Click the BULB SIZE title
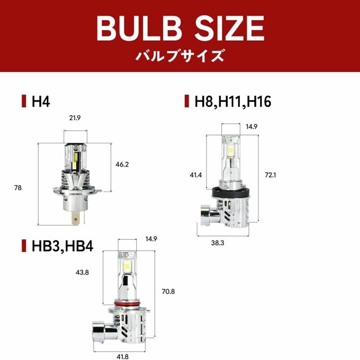(x=180, y=28)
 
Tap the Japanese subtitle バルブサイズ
(x=180, y=56)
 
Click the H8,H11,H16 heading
(x=233, y=102)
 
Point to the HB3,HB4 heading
(x=63, y=246)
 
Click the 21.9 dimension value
(x=75, y=118)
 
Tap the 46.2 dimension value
(x=122, y=164)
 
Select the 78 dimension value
(x=18, y=188)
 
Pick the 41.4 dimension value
(x=196, y=175)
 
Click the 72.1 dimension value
(x=270, y=175)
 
